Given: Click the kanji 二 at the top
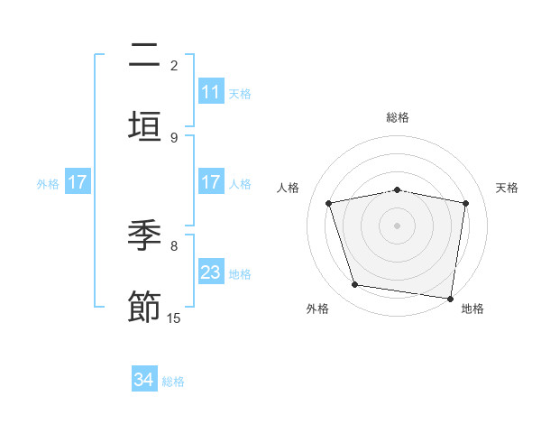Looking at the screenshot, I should tap(144, 57).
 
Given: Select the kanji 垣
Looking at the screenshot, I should tap(144, 124).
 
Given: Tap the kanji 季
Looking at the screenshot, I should tap(144, 237).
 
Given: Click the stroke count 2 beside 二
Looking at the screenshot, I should tap(174, 65).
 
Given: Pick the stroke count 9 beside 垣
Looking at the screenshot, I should tap(174, 137).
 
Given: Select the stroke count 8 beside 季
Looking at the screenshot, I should tap(174, 245).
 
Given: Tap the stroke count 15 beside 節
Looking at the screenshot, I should tap(174, 318).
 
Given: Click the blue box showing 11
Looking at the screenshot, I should tap(211, 92).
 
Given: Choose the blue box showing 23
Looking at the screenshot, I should tap(211, 272).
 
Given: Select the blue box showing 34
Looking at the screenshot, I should tap(144, 381).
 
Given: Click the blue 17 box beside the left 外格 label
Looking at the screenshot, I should tap(78, 182).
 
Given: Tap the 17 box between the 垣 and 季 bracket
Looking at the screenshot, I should tap(211, 182).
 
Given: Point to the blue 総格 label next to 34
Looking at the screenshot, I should tap(173, 382).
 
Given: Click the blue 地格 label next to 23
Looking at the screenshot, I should tap(240, 273).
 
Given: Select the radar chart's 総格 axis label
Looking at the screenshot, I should tap(398, 117).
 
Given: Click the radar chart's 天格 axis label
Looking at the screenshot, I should tap(508, 188).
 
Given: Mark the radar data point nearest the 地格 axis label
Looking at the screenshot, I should tap(450, 298).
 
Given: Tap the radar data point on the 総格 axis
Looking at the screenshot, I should tap(398, 189).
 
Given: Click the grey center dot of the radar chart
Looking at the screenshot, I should tap(398, 226).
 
